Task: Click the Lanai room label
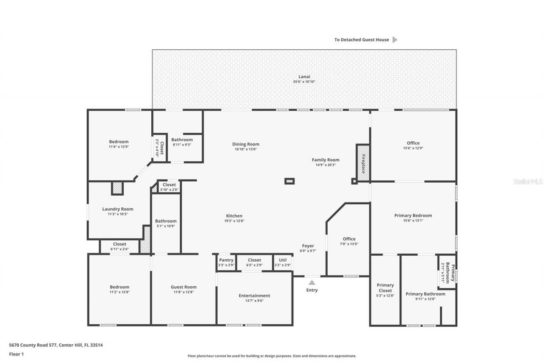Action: coord(304,77)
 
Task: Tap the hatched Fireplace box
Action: coord(363,163)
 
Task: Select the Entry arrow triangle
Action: coord(312,282)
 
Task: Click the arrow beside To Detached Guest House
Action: coord(395,40)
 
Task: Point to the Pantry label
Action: coord(226,260)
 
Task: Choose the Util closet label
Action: coord(283,260)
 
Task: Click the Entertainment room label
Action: coord(254,296)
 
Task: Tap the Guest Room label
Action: coord(184,287)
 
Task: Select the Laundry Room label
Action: coord(118,209)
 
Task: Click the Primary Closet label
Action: coord(385,288)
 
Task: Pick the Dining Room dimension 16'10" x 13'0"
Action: coord(246,149)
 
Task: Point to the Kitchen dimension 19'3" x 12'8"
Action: coord(234,221)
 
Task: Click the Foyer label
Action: coord(308,246)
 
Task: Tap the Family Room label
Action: coord(326,160)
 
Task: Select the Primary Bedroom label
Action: coord(413,215)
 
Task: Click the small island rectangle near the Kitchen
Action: coord(289,181)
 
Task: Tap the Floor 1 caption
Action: coord(17,354)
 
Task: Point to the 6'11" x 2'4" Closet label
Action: coord(119,244)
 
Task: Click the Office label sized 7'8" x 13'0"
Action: coord(349,239)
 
